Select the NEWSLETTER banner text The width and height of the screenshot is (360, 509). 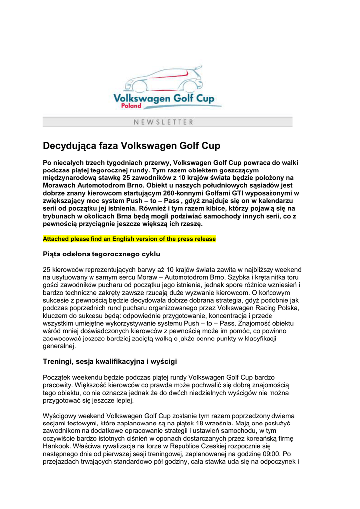164,122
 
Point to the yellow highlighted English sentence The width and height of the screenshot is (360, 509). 129,239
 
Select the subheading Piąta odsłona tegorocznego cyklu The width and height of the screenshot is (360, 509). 101,254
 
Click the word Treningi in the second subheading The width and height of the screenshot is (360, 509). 58,361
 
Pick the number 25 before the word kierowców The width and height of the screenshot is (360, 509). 47,270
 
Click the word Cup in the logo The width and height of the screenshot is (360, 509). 205,98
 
